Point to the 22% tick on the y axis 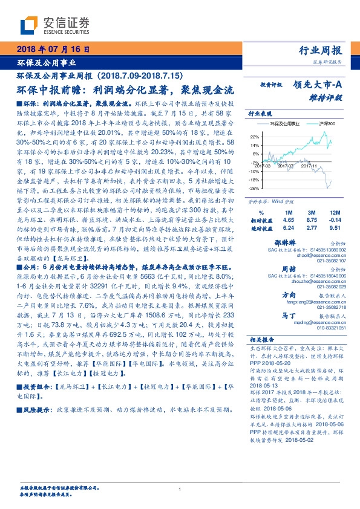click(x=254, y=137)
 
